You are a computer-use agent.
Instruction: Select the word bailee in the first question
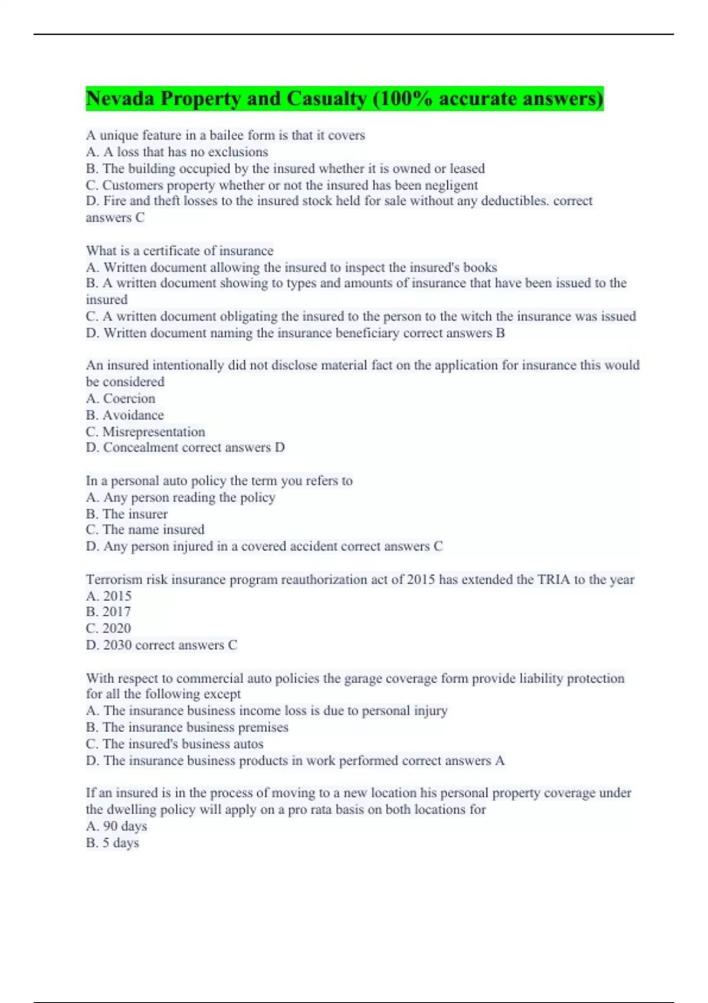tap(230, 135)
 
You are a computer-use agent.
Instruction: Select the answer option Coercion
tap(129, 398)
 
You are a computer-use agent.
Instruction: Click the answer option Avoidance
tap(133, 415)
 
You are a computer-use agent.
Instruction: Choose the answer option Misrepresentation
tap(153, 431)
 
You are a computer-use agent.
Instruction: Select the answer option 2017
tap(117, 612)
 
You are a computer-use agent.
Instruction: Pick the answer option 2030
tap(117, 645)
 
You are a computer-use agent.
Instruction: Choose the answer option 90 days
tap(125, 826)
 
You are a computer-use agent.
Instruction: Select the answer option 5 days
tap(121, 843)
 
